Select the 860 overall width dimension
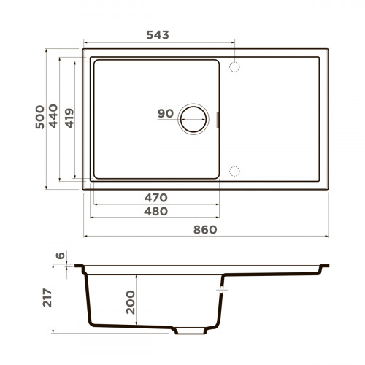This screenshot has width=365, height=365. point(206,229)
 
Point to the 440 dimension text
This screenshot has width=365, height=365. point(54,120)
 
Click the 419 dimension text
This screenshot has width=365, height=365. point(69,120)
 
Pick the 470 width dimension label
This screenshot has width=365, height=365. point(156,198)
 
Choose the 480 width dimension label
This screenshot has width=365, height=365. point(156,212)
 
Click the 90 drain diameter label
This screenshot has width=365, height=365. point(165,114)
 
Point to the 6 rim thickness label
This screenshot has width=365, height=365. point(61,257)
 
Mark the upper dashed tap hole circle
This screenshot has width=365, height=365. point(235,66)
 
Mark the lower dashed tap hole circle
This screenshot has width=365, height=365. point(235,171)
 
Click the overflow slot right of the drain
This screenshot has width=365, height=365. point(218,118)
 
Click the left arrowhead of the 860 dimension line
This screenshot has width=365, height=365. point(85,237)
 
